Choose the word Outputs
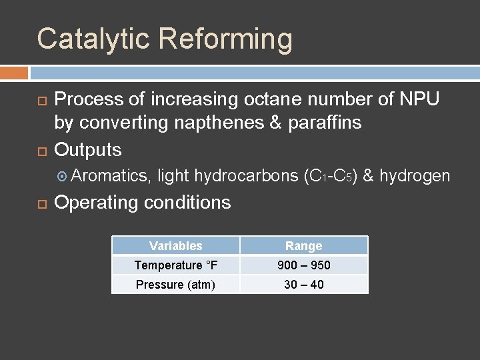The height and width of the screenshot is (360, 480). coord(88,149)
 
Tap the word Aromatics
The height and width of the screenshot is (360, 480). coord(112,176)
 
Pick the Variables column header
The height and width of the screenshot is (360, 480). coord(176,246)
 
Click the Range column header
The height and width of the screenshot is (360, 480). coord(304,246)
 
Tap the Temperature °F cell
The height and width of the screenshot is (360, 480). coord(176,265)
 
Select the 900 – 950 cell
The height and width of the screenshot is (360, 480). coord(304,265)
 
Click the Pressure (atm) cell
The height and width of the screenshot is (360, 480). coord(176,285)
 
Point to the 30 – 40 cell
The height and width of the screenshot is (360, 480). coord(304,285)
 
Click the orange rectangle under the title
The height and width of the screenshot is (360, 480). coord(14,72)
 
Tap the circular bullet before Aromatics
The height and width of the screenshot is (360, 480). coord(62,177)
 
